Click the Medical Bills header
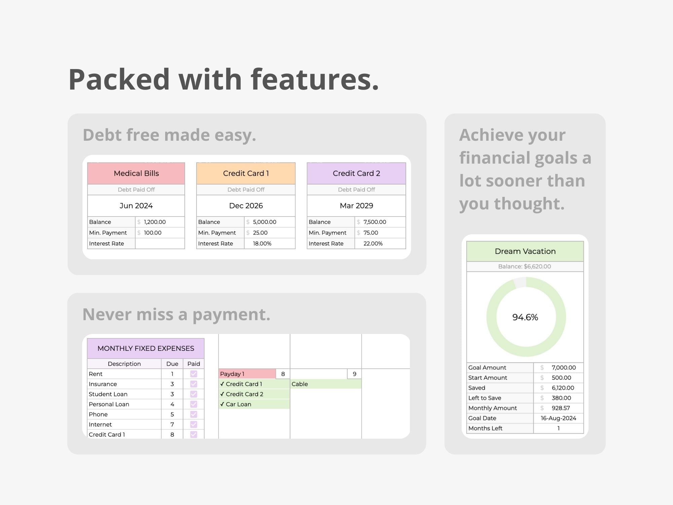click(136, 173)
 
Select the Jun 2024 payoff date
click(136, 206)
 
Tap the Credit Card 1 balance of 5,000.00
click(264, 222)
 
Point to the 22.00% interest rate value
click(373, 243)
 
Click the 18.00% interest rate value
click(262, 243)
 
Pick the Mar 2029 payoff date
click(356, 206)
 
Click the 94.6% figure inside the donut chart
click(525, 317)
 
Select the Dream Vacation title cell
click(525, 251)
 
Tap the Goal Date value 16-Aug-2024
click(558, 418)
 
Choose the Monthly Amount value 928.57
click(561, 408)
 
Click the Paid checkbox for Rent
click(193, 374)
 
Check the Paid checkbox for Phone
click(193, 414)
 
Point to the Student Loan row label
click(108, 394)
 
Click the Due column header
click(172, 364)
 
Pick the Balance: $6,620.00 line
click(525, 266)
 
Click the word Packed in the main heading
click(119, 79)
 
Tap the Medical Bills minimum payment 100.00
click(153, 233)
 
